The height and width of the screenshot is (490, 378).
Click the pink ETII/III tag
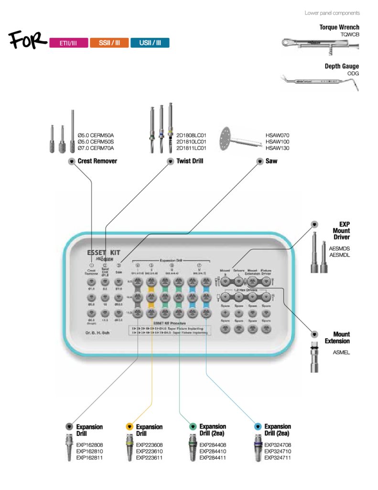(68, 43)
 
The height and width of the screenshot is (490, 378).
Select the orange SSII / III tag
(109, 43)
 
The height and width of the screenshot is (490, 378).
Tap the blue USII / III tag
(150, 43)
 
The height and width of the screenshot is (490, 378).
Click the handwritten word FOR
(27, 43)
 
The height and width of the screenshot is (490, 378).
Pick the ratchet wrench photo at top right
(320, 47)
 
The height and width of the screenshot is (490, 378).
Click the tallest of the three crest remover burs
(72, 131)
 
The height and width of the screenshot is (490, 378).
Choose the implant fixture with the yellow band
(129, 447)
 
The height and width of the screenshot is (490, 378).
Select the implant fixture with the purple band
(258, 448)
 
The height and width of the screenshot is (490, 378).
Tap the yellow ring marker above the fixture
(130, 426)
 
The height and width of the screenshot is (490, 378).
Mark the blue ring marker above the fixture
(258, 426)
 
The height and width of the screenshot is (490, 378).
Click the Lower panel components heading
(332, 13)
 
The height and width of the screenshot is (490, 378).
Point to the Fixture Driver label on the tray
(267, 272)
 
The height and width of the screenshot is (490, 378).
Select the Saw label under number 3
(119, 272)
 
